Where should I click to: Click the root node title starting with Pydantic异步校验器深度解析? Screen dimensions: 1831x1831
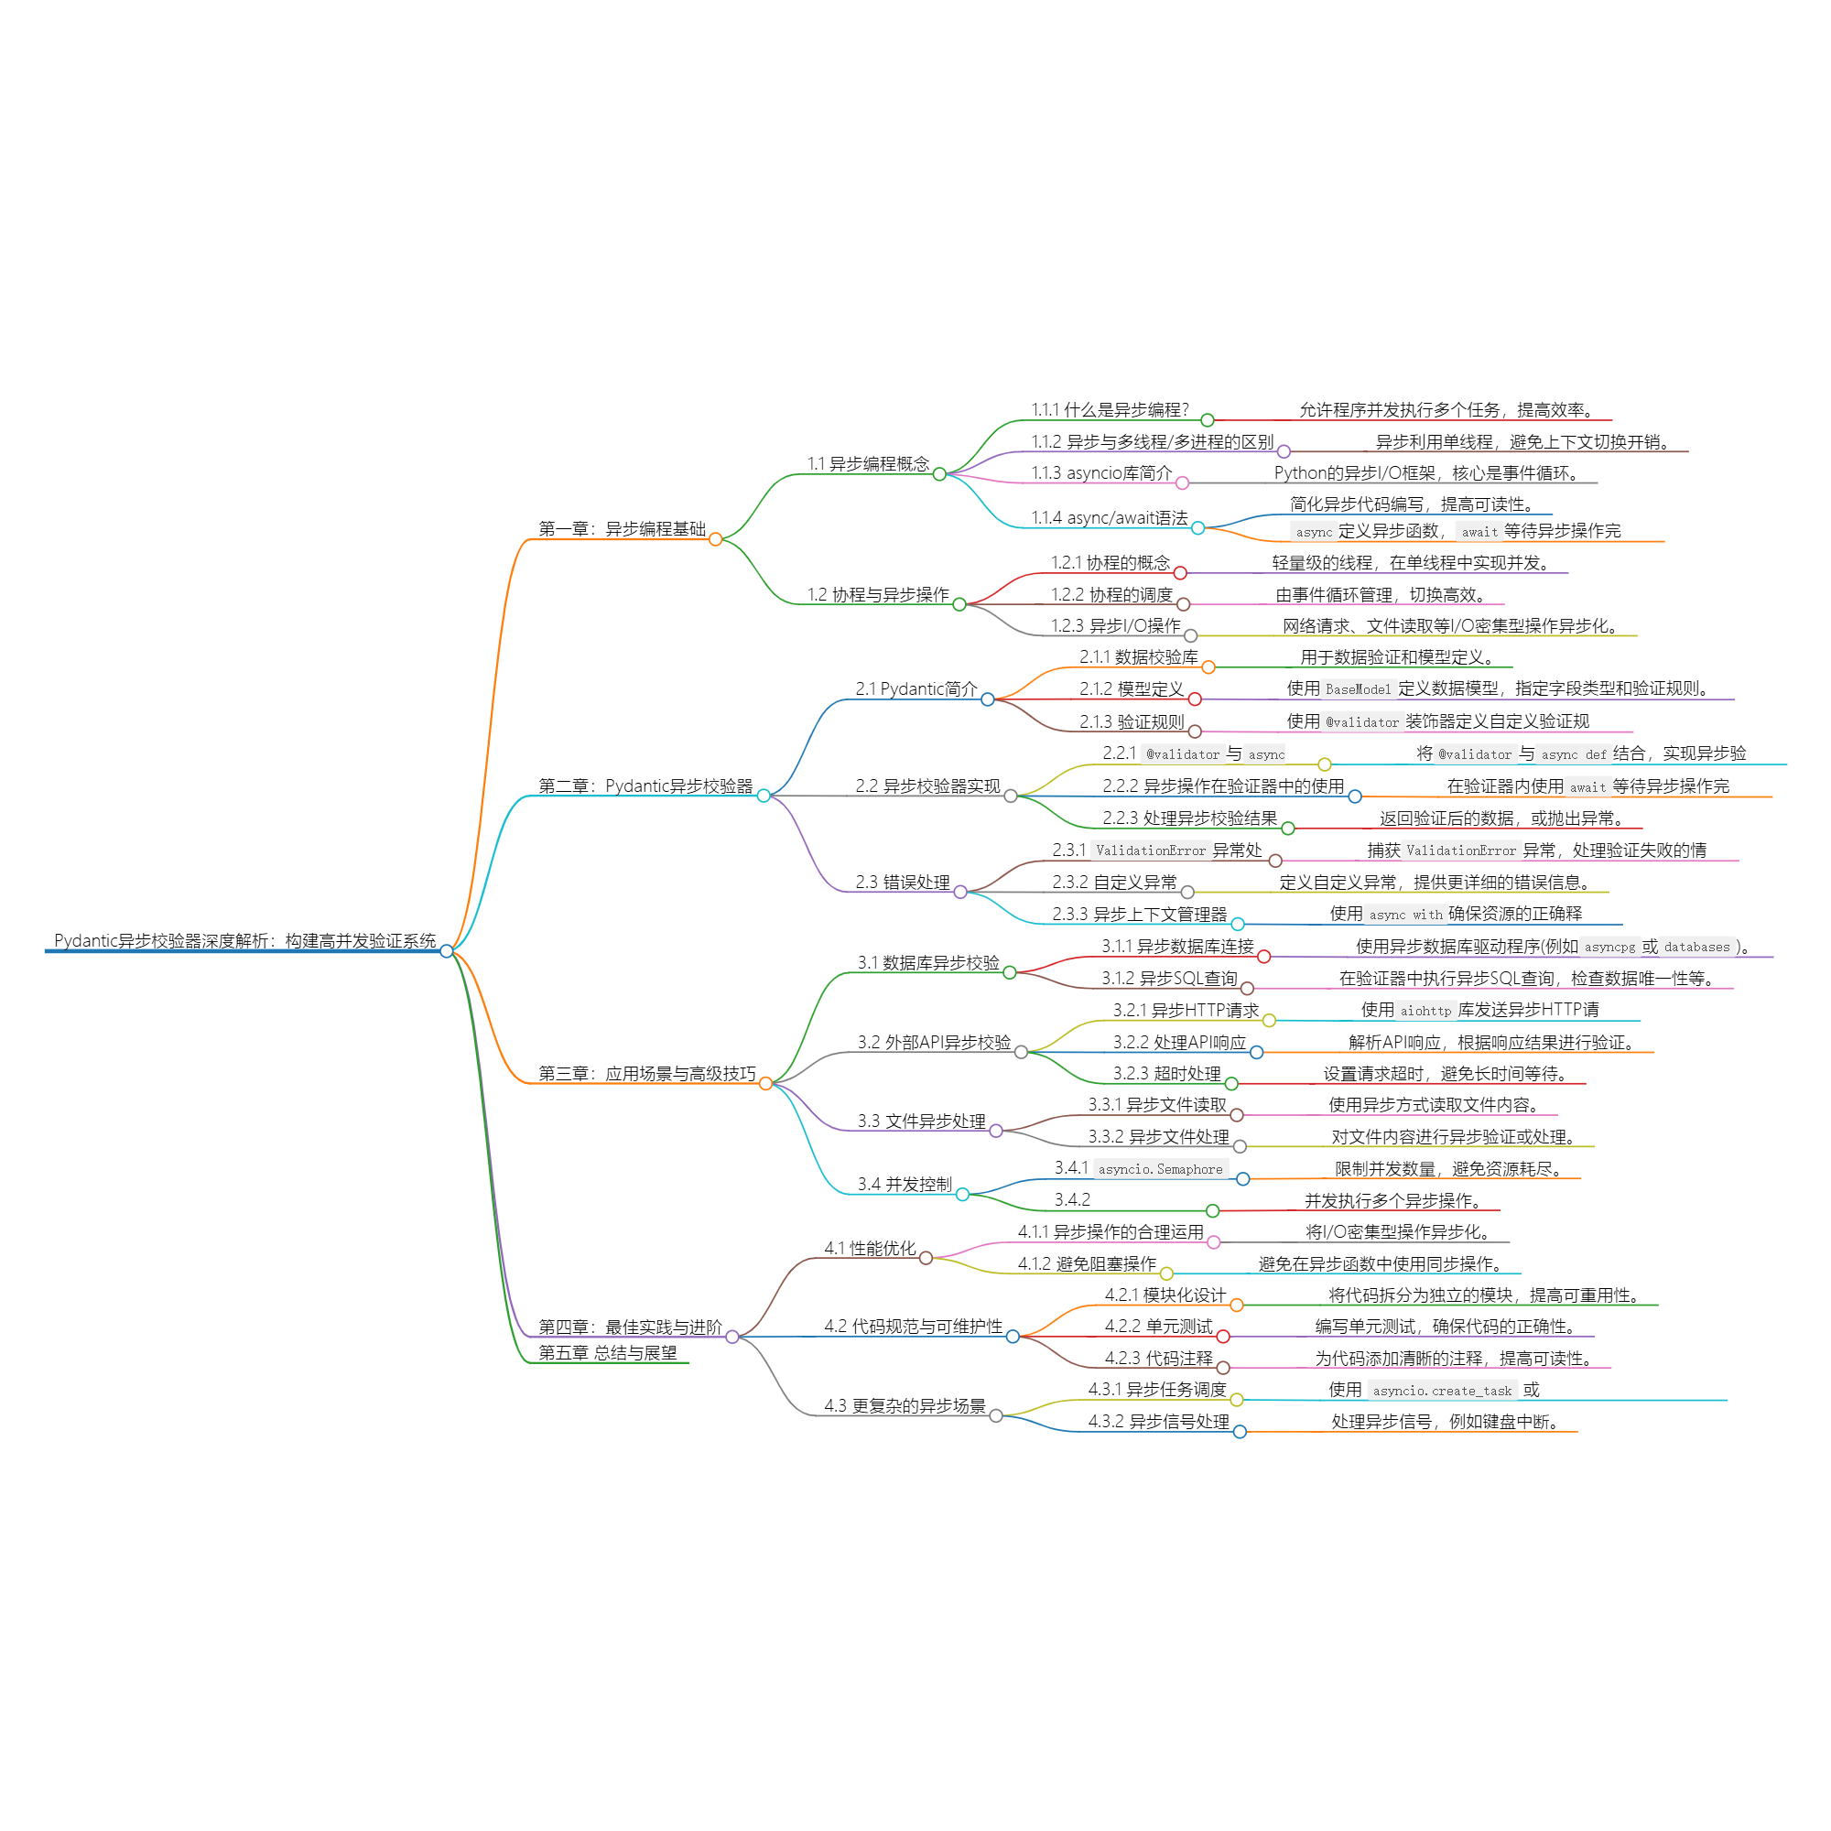(x=244, y=941)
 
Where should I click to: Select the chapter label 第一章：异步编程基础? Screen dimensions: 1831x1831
(x=622, y=529)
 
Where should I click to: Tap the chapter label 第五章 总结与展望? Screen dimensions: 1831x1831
(x=608, y=1352)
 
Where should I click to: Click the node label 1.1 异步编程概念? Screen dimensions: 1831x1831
(x=867, y=463)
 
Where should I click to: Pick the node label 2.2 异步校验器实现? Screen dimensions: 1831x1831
(x=926, y=785)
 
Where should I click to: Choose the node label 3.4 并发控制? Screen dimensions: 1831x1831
(x=905, y=1184)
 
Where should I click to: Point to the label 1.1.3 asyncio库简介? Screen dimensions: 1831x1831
(x=1101, y=473)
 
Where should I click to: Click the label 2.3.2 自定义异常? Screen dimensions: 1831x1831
(x=1113, y=883)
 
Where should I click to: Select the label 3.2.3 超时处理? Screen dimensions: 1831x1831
(x=1166, y=1074)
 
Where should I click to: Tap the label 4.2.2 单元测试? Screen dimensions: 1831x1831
(x=1158, y=1327)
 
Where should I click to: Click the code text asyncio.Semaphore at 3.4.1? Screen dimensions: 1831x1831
(x=1160, y=1169)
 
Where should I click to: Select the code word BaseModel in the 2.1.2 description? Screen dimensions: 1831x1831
(x=1358, y=690)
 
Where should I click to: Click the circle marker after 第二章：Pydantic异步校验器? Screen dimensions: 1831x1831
(x=764, y=796)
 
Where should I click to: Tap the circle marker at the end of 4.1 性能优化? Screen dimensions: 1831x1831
(x=926, y=1259)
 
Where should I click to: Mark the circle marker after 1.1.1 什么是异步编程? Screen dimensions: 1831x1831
(x=1208, y=420)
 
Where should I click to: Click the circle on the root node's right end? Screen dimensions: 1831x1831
(x=447, y=951)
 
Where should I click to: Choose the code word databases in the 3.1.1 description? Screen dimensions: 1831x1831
(x=1696, y=947)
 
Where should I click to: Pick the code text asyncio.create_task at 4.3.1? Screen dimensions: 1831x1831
(x=1442, y=1392)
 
